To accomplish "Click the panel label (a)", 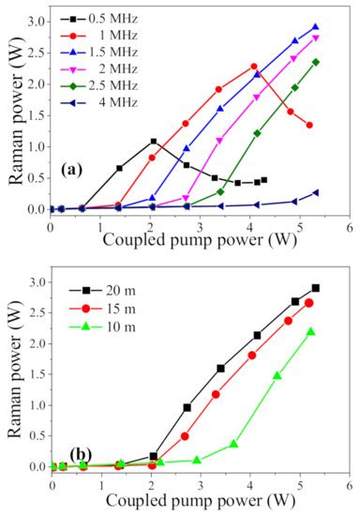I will [x=76, y=170].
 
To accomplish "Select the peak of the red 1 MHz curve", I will [x=254, y=67].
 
